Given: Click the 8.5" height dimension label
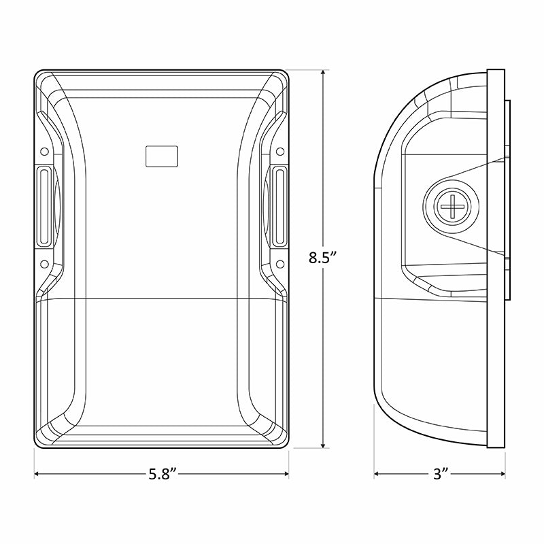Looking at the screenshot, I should pos(323,258).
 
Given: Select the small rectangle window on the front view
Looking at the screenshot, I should pos(162,156).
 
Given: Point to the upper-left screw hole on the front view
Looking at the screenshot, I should pos(44,151).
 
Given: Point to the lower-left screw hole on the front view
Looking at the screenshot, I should pos(44,263).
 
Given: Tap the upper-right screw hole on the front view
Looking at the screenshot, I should pos(280,151).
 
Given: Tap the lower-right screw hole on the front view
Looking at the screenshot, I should pos(280,263).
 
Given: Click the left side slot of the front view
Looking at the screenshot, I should pos(42,207).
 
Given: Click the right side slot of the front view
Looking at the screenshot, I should pos(280,207).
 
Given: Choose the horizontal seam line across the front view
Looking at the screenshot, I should pos(162,299).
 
